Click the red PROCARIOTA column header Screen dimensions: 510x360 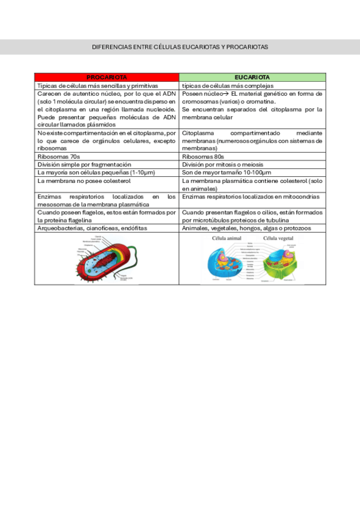coord(106,78)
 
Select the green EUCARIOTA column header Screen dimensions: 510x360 coord(252,78)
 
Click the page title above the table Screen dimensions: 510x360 coord(180,46)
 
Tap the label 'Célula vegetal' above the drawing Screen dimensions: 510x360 coord(277,238)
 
